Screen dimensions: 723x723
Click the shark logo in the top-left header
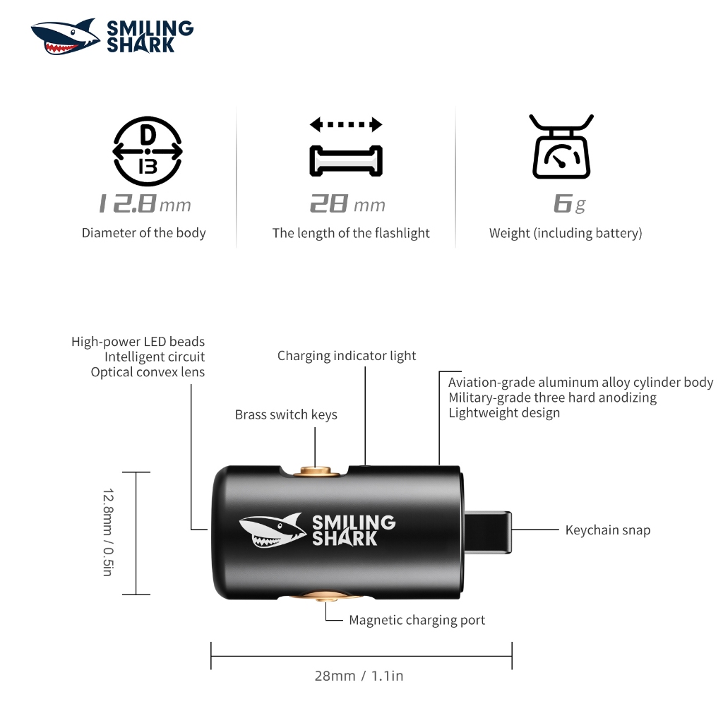point(65,37)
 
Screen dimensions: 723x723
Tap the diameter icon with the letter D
point(148,151)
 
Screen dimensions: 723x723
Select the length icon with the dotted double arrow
point(346,147)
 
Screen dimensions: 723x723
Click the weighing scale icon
point(561,146)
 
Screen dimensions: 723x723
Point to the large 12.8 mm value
point(145,204)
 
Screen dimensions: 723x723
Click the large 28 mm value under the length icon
point(347,204)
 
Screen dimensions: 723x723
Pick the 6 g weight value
point(570,204)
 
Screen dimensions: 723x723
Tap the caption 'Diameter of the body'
point(143,233)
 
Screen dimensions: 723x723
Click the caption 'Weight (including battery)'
point(566,233)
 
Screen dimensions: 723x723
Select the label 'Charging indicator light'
point(346,356)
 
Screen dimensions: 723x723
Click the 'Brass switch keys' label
point(286,414)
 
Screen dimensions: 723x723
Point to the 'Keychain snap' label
point(608,530)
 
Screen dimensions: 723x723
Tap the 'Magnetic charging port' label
point(417,620)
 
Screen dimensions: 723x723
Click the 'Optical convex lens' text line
point(148,372)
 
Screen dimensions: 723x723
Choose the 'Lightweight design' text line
point(504,412)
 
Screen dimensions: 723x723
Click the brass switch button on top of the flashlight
point(316,471)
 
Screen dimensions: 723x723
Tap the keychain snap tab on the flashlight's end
point(489,532)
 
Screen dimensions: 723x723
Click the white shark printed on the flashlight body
point(273,530)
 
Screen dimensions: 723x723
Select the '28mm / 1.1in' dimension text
point(359,676)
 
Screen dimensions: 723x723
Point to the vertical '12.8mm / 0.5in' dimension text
point(108,532)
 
